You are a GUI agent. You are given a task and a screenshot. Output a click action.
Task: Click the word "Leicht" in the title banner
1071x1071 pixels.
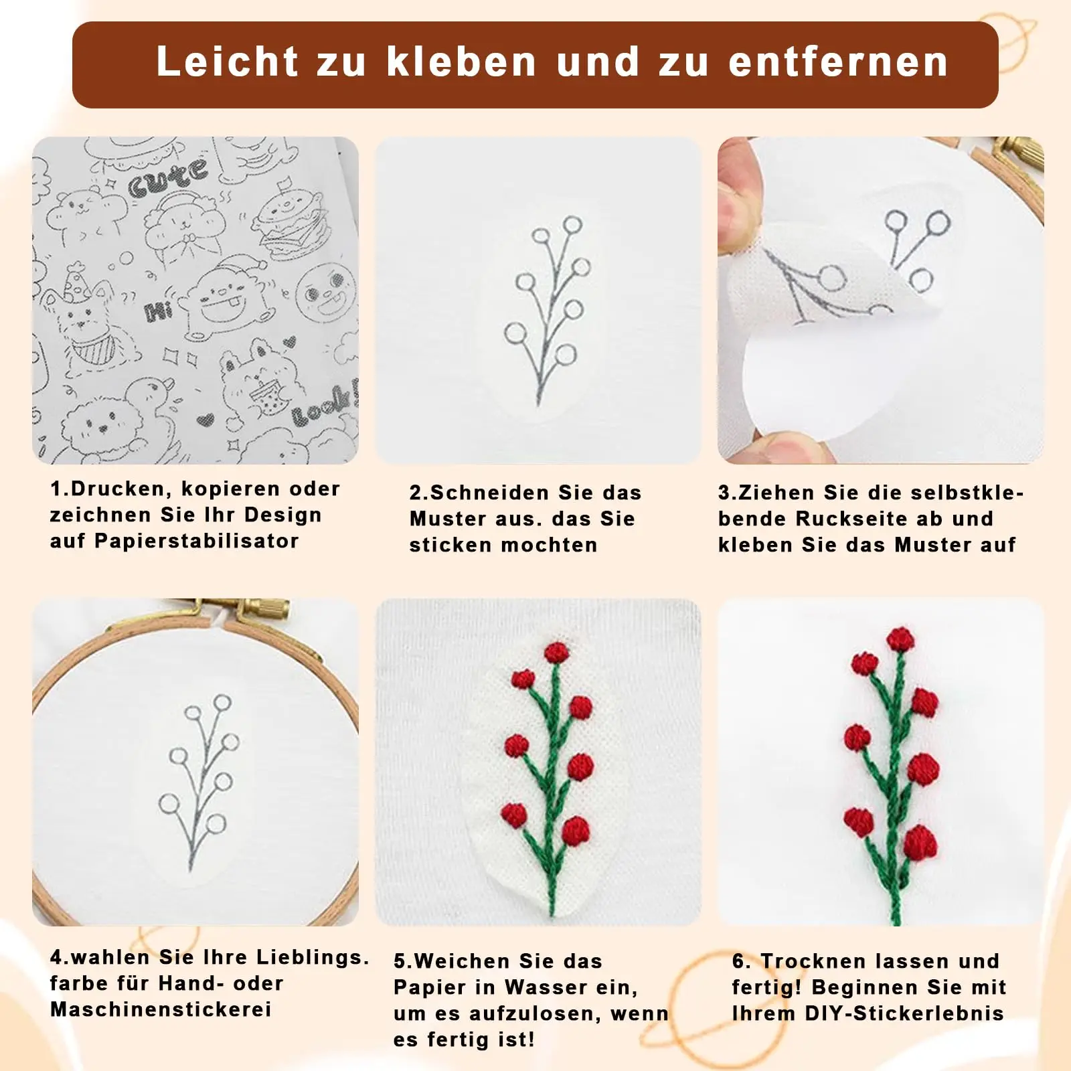pos(227,62)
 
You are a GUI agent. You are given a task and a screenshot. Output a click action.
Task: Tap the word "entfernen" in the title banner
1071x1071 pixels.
pos(838,62)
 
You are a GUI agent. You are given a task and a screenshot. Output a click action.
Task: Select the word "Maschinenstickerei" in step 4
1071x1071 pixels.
pos(161,1009)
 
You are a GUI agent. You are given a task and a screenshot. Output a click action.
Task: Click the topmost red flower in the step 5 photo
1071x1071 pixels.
pos(556,652)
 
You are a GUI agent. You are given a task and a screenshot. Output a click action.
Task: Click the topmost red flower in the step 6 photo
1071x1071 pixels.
pos(900,639)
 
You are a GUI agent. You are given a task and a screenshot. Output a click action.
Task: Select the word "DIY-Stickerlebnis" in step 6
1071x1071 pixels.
pos(904,1013)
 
